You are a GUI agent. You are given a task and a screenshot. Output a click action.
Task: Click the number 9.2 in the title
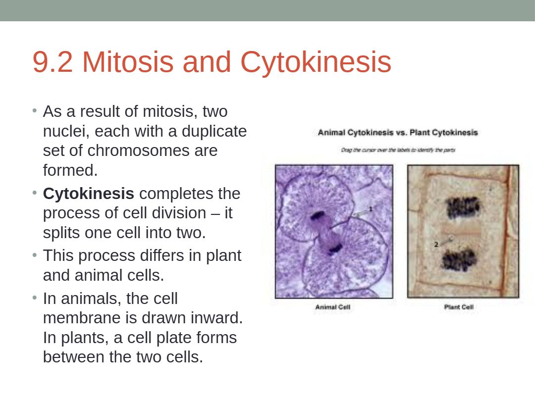[53, 62]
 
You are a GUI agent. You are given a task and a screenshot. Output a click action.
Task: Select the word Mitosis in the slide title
[128, 62]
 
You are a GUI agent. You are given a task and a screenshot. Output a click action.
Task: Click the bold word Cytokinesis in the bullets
[88, 194]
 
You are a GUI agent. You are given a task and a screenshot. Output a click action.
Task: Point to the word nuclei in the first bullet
[66, 131]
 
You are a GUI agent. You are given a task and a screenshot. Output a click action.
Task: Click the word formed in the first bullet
[70, 170]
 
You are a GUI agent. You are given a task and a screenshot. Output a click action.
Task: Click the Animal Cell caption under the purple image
[333, 307]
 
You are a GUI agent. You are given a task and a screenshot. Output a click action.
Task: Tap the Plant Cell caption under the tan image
[459, 307]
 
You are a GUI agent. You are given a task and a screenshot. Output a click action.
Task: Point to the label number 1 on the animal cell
[371, 209]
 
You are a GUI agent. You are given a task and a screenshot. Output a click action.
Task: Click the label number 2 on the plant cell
[436, 244]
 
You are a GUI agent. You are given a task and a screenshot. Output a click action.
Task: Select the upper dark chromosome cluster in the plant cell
[463, 207]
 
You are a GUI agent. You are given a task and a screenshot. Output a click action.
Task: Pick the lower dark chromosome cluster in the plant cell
[459, 259]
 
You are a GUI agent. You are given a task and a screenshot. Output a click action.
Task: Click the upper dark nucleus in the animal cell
[318, 216]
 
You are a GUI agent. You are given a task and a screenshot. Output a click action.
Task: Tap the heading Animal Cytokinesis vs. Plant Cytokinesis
[398, 132]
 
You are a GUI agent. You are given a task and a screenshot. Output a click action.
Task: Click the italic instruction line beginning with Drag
[398, 150]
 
